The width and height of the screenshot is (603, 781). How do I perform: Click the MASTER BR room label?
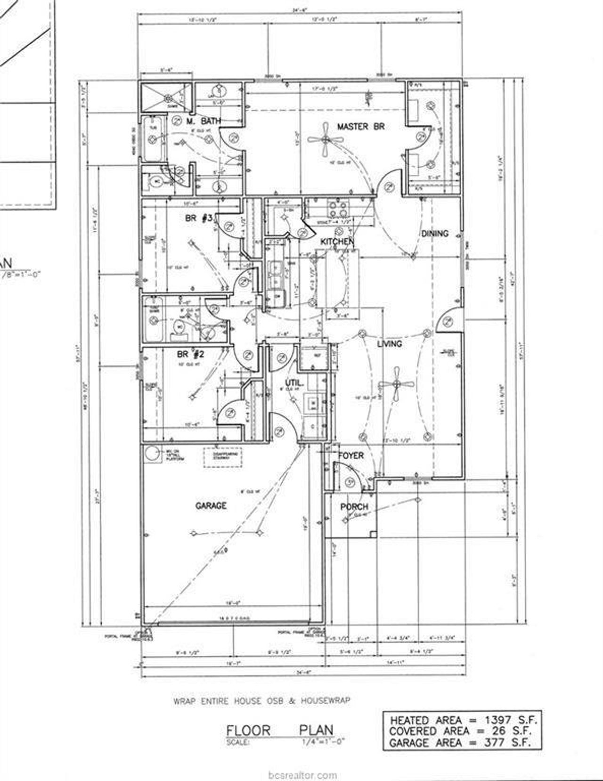click(361, 127)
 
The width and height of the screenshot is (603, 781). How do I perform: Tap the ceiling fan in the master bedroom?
click(326, 139)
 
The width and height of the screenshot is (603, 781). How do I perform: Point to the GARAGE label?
click(211, 505)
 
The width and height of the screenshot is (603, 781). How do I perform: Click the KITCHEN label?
click(337, 242)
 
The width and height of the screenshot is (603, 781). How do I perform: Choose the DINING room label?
click(434, 233)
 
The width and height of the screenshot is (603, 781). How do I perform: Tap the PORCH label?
click(354, 507)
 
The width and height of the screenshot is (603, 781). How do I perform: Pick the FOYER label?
click(351, 456)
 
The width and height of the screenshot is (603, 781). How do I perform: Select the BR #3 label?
click(199, 218)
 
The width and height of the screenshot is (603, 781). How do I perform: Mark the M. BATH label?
click(204, 122)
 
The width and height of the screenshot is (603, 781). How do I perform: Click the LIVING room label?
click(390, 344)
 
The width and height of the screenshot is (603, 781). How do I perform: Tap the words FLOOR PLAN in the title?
click(280, 731)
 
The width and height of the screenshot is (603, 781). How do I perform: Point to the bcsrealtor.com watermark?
click(301, 775)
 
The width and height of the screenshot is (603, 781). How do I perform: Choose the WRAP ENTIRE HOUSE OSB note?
click(262, 700)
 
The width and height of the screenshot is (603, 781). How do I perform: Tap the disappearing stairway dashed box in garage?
click(223, 458)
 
